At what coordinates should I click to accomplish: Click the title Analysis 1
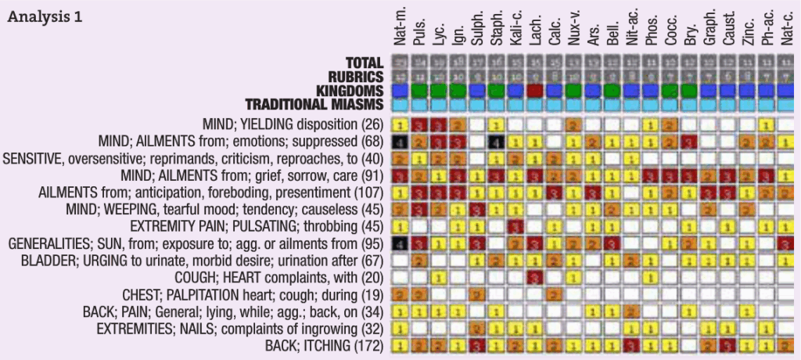[x=47, y=16]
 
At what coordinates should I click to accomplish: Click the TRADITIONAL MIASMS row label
[x=314, y=104]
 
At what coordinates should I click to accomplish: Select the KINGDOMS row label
[x=345, y=90]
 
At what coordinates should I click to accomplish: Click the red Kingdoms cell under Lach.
[x=535, y=91]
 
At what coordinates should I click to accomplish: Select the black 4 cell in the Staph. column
[x=496, y=142]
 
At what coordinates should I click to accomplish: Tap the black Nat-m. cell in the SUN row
[x=400, y=243]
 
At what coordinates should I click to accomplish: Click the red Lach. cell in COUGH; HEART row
[x=535, y=277]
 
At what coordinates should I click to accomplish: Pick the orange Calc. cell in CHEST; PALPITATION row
[x=554, y=294]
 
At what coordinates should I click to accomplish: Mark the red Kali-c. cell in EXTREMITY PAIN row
[x=515, y=227]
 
